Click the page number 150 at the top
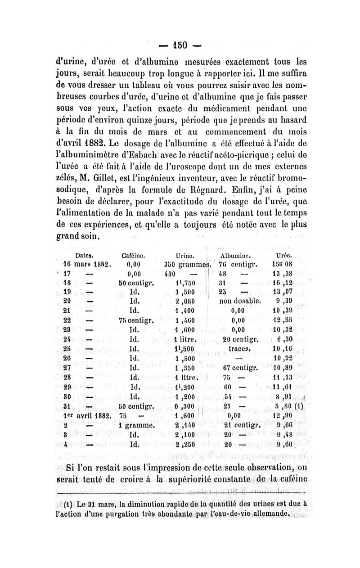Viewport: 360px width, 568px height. (x=180, y=46)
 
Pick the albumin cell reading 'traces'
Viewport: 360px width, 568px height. (x=239, y=347)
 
